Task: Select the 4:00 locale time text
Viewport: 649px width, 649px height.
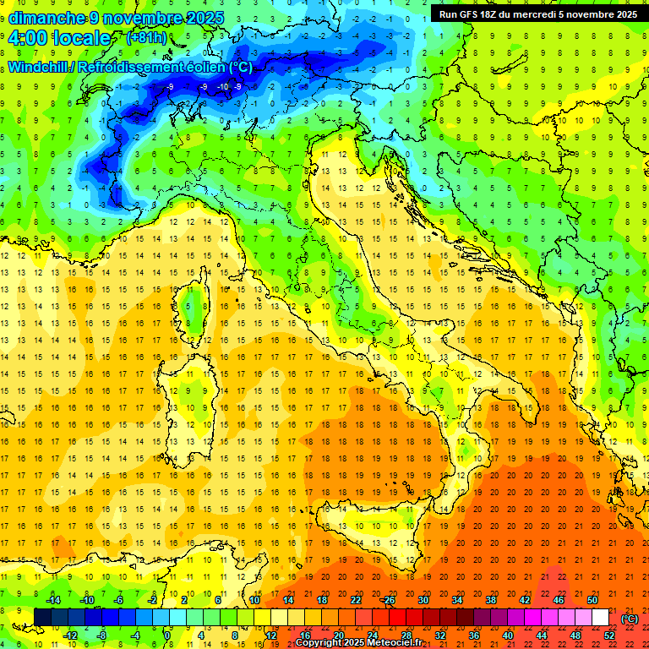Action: pos(59,38)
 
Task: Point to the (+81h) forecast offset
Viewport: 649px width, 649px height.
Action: pos(146,38)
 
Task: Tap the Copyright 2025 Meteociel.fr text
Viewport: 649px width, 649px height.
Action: pos(364,642)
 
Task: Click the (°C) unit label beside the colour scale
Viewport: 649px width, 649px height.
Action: pos(629,619)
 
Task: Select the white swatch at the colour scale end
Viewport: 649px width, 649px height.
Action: pos(600,617)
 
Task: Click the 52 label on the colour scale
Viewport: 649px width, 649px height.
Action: pos(609,635)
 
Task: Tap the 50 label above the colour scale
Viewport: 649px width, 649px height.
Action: pos(592,599)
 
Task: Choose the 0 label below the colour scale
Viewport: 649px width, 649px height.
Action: pos(167,635)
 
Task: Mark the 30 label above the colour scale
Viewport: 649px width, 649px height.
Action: pos(423,599)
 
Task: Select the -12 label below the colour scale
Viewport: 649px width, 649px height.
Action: pos(71,635)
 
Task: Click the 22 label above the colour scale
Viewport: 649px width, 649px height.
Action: pos(356,599)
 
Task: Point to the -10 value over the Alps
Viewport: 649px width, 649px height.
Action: pos(222,86)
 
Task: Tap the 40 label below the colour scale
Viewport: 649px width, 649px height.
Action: pos(508,635)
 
